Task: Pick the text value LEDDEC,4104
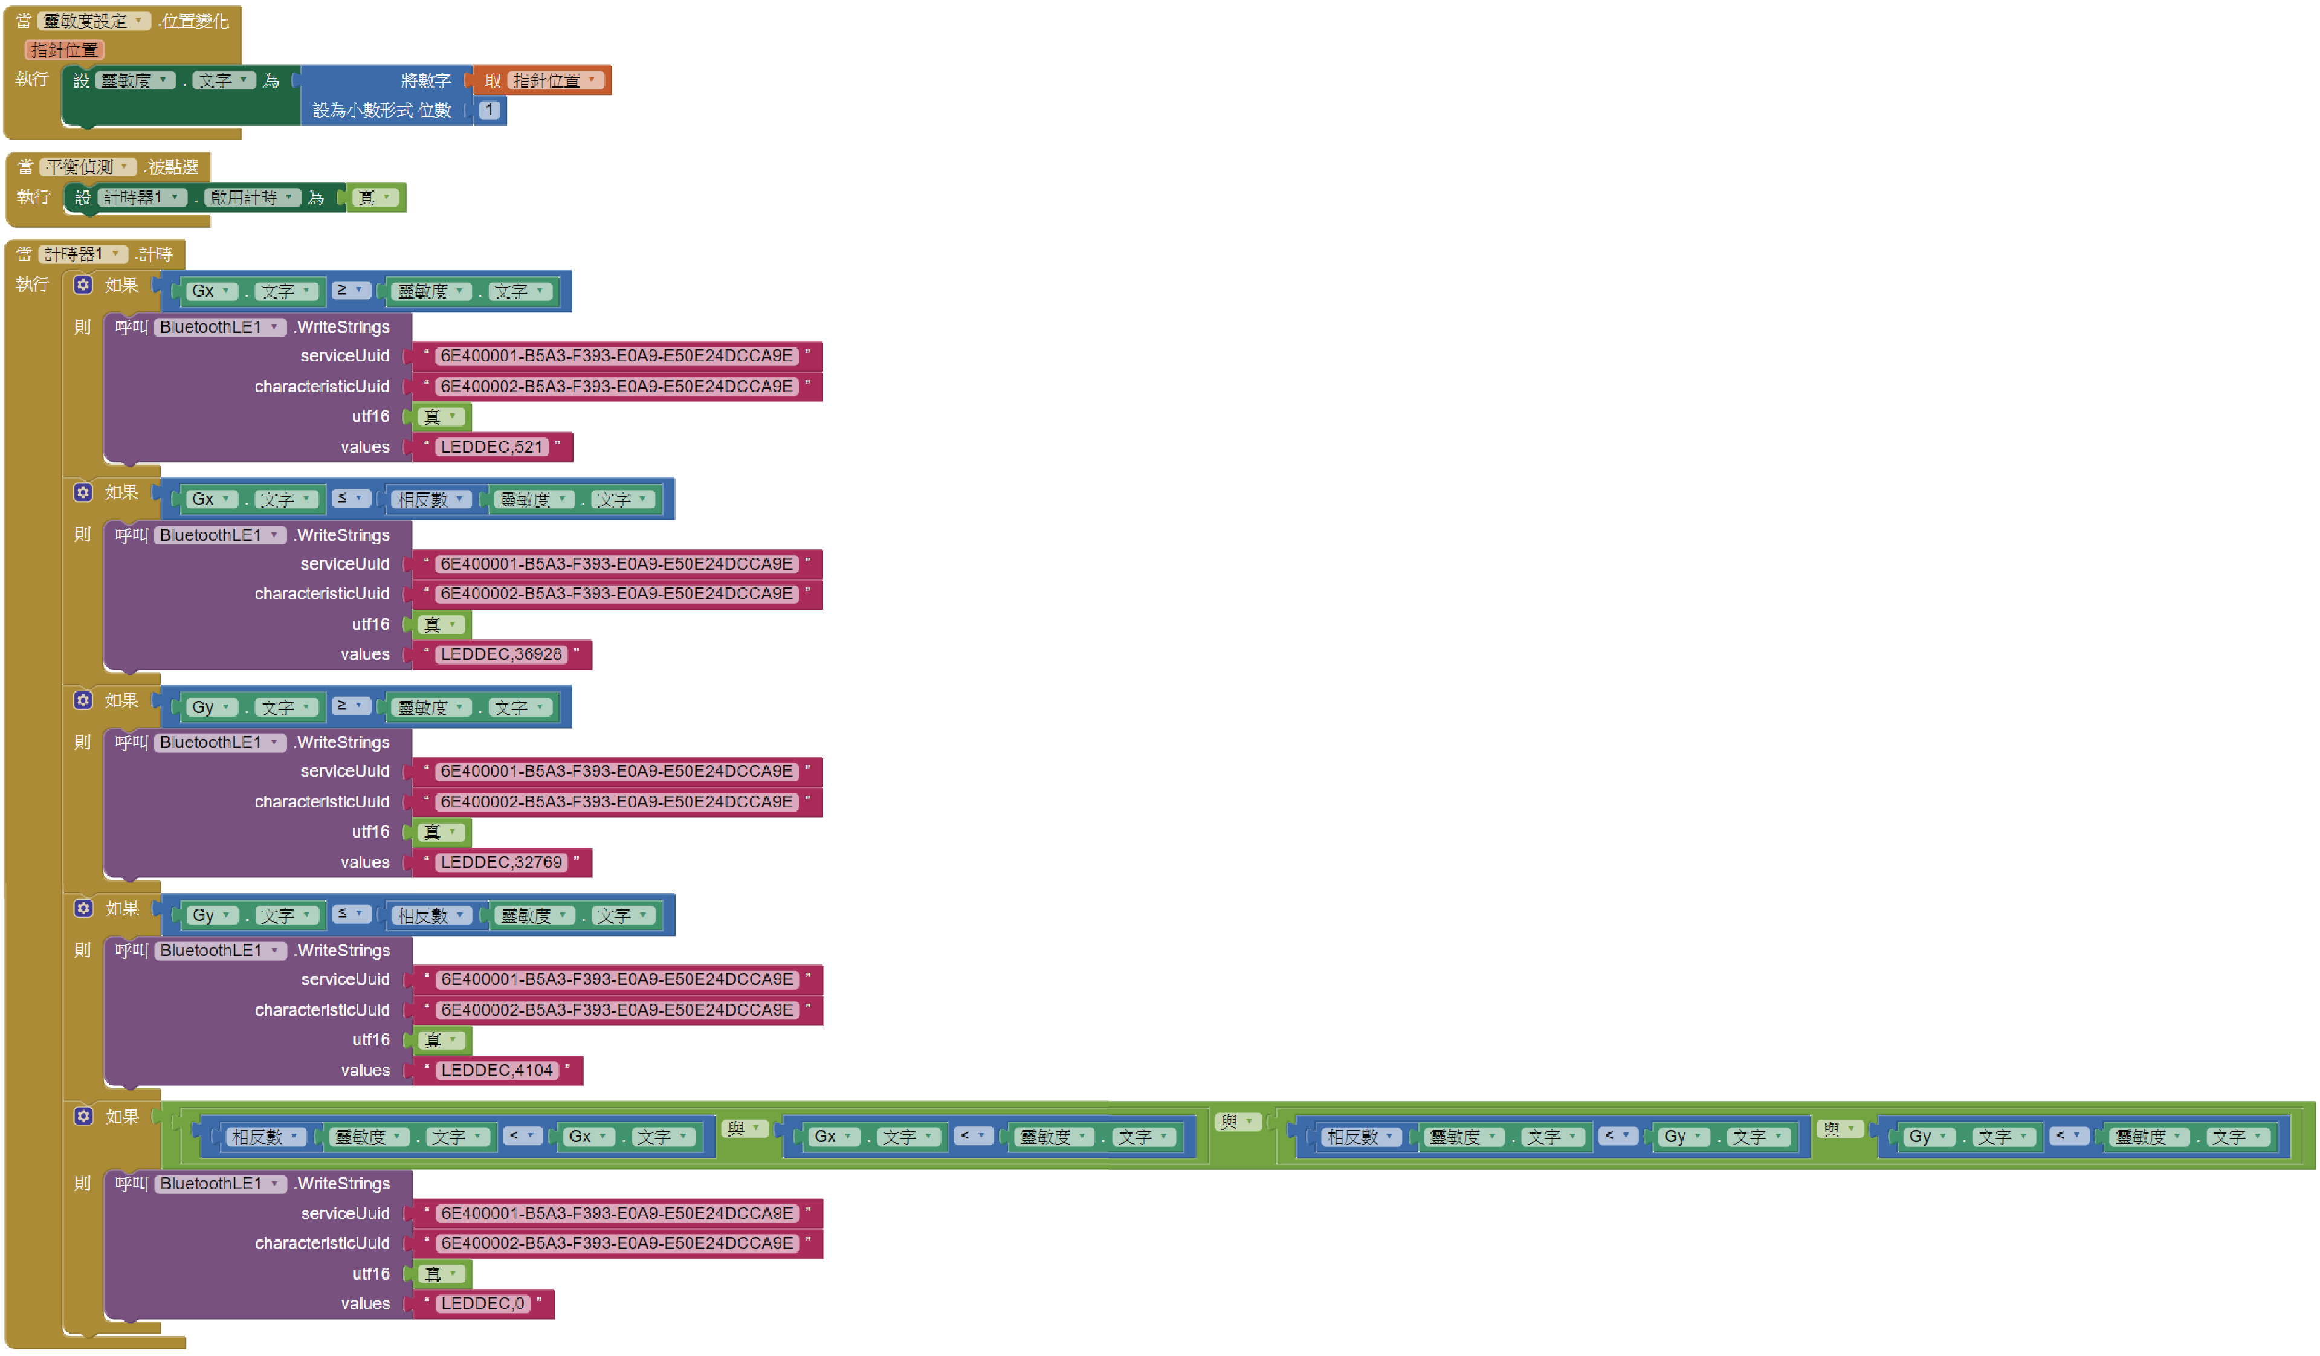[496, 1071]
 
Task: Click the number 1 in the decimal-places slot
[490, 111]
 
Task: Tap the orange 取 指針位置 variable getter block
[543, 80]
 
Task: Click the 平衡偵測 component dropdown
[88, 167]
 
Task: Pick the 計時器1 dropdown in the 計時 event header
[82, 253]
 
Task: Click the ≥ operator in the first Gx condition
[350, 290]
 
